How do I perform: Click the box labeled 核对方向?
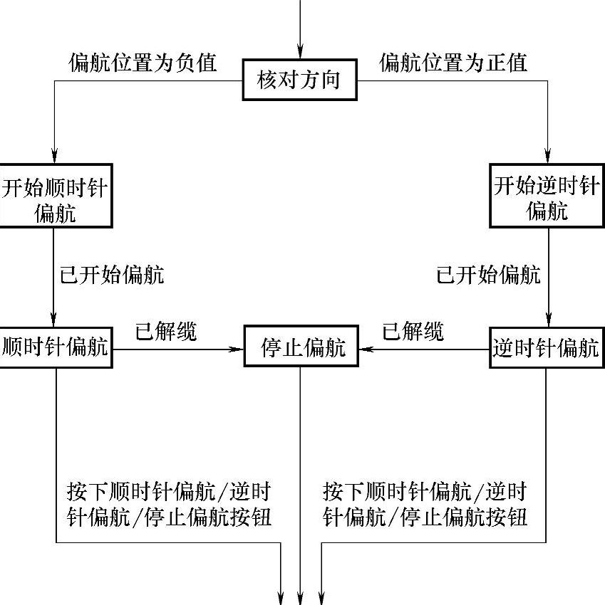pyautogui.click(x=300, y=80)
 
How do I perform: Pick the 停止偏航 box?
pyautogui.click(x=300, y=347)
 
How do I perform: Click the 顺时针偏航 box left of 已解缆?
pyautogui.click(x=55, y=347)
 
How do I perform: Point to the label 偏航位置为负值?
pyautogui.click(x=143, y=63)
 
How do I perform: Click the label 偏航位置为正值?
pyautogui.click(x=454, y=63)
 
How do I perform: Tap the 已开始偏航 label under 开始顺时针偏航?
pyautogui.click(x=112, y=274)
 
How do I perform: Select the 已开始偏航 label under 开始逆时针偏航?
pyautogui.click(x=488, y=274)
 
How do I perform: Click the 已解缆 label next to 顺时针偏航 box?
pyautogui.click(x=167, y=331)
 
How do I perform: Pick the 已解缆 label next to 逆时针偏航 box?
pyautogui.click(x=413, y=331)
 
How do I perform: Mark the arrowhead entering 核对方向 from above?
pyautogui.click(x=300, y=53)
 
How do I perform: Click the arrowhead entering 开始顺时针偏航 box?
pyautogui.click(x=53, y=156)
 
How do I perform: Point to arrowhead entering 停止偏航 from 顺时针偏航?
pyautogui.click(x=237, y=349)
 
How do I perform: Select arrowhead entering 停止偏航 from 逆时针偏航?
pyautogui.click(x=364, y=349)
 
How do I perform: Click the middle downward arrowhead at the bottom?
pyautogui.click(x=301, y=596)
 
